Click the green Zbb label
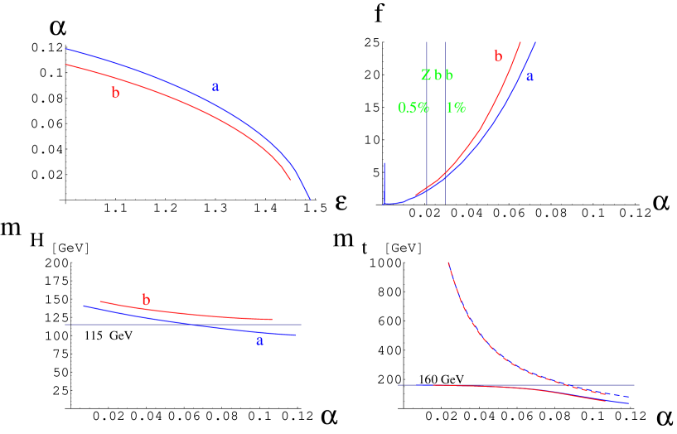coord(438,75)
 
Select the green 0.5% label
coord(413,108)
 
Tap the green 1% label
coord(456,108)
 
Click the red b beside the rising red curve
coord(498,56)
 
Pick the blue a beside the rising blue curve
coord(530,76)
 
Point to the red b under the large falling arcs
coord(115,94)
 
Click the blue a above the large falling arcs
coord(215,86)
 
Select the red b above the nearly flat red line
coord(146,300)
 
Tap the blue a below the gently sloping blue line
coord(259,340)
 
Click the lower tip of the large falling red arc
coord(289,178)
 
